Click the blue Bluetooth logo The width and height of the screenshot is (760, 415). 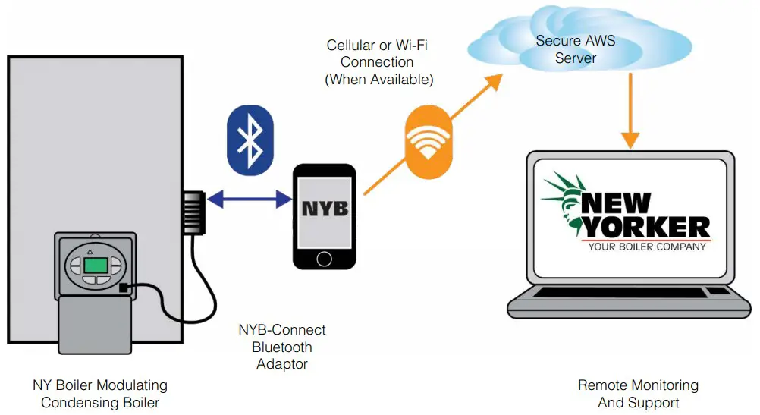coord(247,138)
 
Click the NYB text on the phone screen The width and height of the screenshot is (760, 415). coord(325,207)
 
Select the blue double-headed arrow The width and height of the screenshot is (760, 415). coord(250,200)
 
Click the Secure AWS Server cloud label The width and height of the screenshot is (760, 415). coord(576,49)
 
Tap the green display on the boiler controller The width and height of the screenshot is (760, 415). coord(96,265)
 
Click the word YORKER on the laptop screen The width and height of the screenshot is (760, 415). coord(645,226)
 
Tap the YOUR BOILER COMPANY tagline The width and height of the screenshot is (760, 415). coord(646,247)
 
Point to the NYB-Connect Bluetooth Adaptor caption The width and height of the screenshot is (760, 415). coord(281,347)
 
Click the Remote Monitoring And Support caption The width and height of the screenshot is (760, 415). coord(638,394)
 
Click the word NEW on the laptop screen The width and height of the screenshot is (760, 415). coord(616,203)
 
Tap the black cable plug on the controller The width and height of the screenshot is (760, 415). coord(124,288)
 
